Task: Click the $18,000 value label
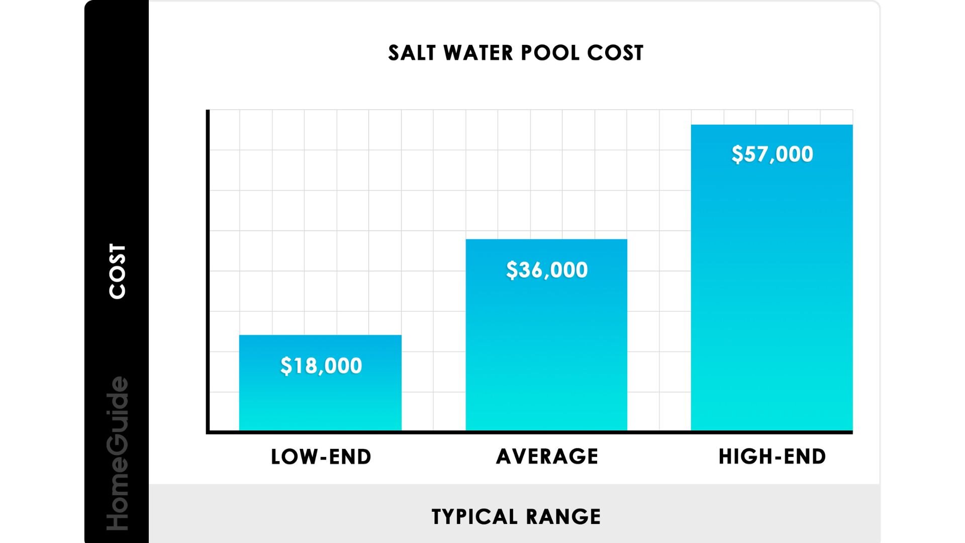[321, 366]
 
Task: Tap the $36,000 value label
[547, 270]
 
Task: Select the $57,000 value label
[772, 154]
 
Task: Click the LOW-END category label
[321, 457]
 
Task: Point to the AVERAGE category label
[547, 457]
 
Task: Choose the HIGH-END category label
[772, 457]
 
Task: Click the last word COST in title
[615, 53]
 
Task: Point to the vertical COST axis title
[118, 271]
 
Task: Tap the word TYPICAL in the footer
[474, 517]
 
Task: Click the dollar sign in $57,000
[737, 154]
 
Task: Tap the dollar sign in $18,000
[285, 366]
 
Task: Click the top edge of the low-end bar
[320, 335]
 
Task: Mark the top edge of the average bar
[546, 239]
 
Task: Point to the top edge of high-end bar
[771, 125]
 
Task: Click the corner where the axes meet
[208, 432]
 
